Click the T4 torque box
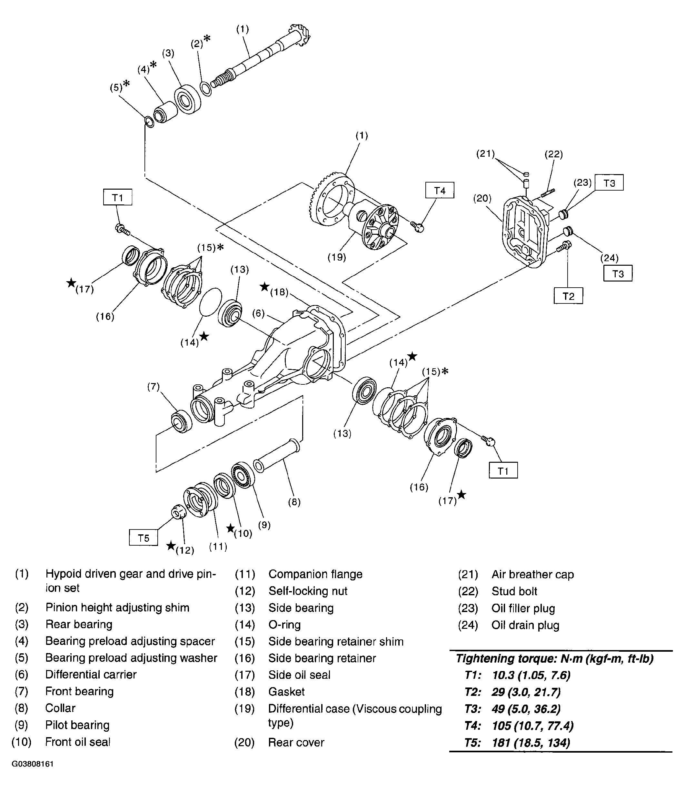point(440,190)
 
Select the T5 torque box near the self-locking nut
point(143,538)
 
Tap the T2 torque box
point(568,296)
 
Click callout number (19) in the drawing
point(337,257)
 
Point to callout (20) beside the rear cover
point(482,198)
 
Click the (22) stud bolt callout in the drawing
point(553,154)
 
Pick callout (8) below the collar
point(294,502)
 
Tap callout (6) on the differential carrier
point(258,313)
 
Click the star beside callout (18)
point(264,287)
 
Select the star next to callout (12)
point(171,545)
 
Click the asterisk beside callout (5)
point(126,83)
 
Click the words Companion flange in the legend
point(315,574)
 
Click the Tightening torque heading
point(555,658)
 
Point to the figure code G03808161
point(33,764)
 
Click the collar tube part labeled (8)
point(277,456)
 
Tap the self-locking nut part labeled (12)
point(177,512)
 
